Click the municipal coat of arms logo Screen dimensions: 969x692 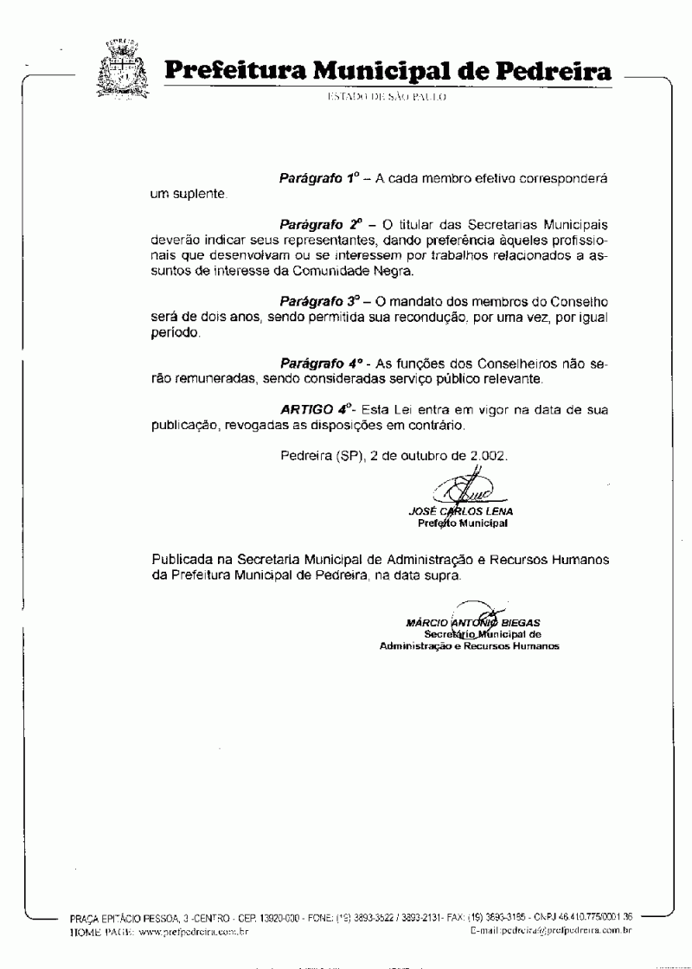click(122, 68)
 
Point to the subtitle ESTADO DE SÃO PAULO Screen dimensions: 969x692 click(386, 98)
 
